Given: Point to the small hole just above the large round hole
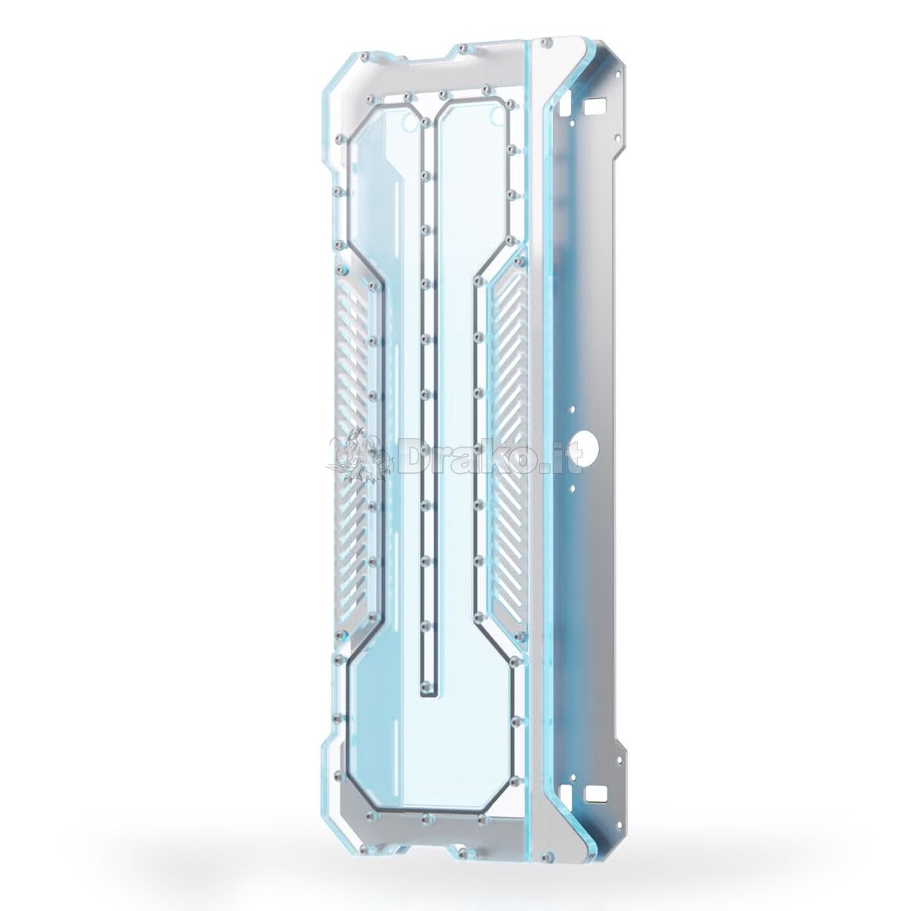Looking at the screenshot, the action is (573, 422).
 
